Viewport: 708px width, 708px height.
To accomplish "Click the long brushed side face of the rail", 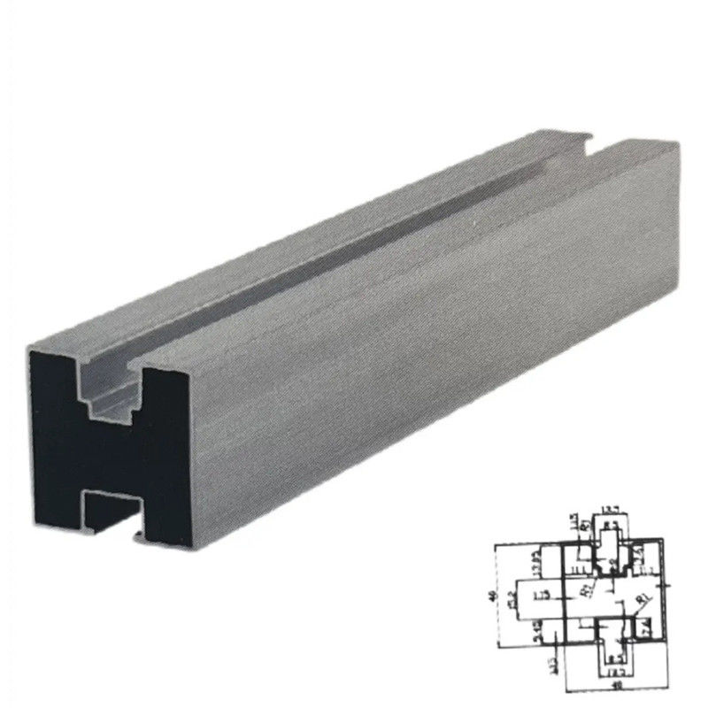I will tap(398, 354).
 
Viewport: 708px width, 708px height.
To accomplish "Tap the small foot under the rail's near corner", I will tap(136, 536).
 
